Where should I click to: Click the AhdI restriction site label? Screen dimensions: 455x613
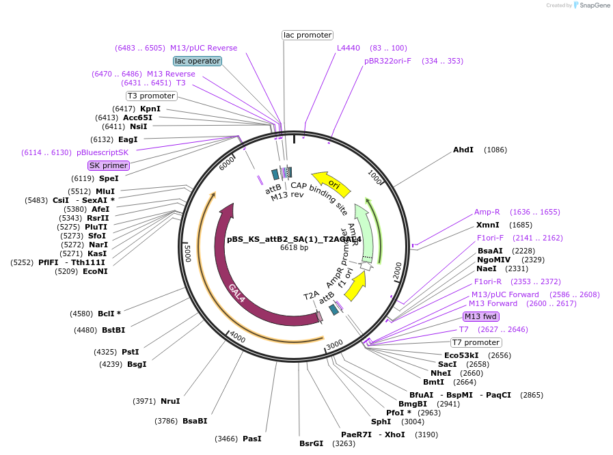(x=463, y=150)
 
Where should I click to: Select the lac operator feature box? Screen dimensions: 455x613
(x=197, y=61)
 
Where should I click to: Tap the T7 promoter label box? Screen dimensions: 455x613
(x=476, y=342)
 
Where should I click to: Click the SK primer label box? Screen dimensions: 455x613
(x=109, y=165)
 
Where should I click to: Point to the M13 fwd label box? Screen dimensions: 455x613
(x=480, y=316)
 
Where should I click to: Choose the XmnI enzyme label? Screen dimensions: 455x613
(x=487, y=225)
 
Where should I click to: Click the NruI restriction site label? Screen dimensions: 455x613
(x=170, y=401)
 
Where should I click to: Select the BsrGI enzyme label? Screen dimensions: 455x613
(x=311, y=443)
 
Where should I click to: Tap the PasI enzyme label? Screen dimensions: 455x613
(x=251, y=439)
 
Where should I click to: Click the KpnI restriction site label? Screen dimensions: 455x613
(x=150, y=109)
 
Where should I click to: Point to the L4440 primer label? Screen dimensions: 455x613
(x=348, y=48)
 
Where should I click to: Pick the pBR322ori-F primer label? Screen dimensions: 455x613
(x=387, y=61)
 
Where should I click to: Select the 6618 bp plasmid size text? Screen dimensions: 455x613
(x=294, y=247)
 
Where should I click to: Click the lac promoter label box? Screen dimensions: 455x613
(x=308, y=35)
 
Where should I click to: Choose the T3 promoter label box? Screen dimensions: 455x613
(x=152, y=96)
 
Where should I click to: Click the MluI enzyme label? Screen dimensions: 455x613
(x=105, y=191)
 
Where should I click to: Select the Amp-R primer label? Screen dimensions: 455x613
(x=487, y=212)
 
